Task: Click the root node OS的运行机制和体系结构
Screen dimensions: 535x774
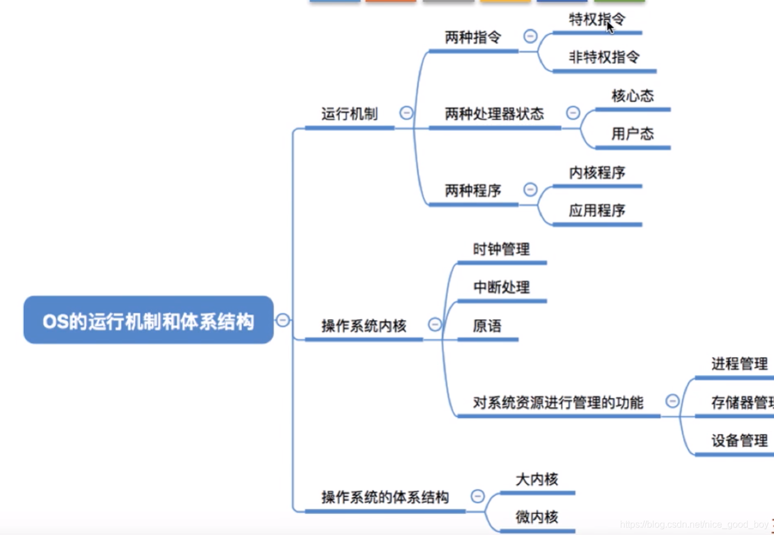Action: click(148, 320)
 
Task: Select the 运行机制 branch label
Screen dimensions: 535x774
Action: click(349, 114)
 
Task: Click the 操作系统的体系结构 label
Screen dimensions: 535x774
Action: click(385, 497)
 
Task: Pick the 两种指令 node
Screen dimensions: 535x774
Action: click(473, 37)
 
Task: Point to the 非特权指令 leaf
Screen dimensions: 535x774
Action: click(604, 57)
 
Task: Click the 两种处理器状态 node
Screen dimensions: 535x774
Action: click(494, 114)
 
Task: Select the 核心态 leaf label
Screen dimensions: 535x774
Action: click(632, 96)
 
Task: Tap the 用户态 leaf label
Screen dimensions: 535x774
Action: click(632, 134)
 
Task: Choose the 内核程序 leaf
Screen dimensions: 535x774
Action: click(597, 173)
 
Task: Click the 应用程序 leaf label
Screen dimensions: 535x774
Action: click(597, 211)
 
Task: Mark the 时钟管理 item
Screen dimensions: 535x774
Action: click(501, 250)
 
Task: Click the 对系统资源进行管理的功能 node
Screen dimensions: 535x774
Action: click(558, 403)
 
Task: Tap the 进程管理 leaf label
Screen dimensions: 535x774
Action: click(739, 364)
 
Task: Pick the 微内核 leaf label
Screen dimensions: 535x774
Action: click(537, 517)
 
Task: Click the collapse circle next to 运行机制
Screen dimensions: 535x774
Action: click(407, 113)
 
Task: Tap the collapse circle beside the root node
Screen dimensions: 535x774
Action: click(283, 320)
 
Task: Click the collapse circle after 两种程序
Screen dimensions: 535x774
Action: click(530, 189)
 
